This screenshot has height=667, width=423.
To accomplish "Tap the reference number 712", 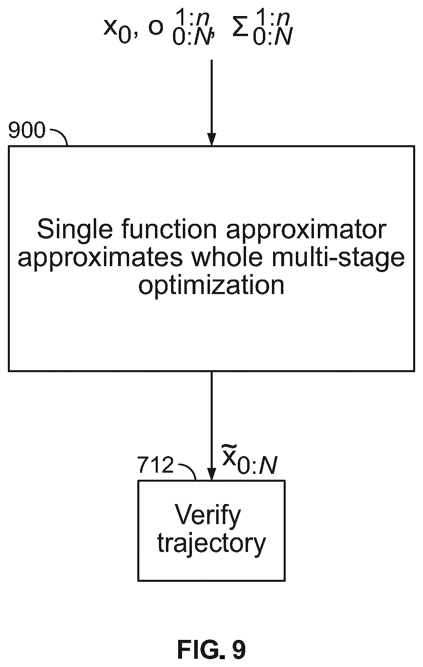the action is (x=155, y=464).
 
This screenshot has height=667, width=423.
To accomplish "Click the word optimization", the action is (x=211, y=286).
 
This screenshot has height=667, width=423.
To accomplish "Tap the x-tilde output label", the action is (x=250, y=460).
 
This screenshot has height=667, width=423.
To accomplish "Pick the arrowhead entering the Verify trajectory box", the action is (x=211, y=474).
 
